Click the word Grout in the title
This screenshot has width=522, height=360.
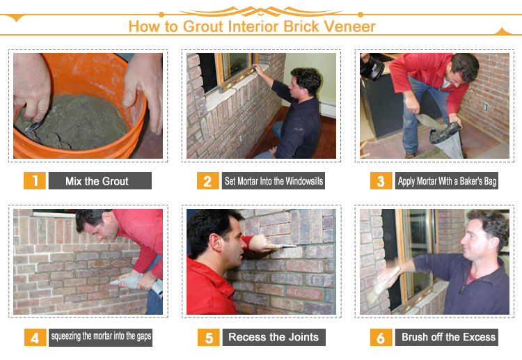[x=203, y=26]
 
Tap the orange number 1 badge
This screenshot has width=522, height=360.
[x=35, y=180]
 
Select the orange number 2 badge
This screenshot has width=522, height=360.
[x=207, y=180]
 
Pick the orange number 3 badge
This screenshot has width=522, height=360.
[x=381, y=180]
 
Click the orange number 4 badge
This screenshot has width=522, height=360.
[x=35, y=337]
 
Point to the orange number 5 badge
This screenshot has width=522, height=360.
[x=209, y=337]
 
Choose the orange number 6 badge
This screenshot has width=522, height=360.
[x=381, y=337]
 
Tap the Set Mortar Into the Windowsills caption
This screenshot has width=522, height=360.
[x=274, y=180]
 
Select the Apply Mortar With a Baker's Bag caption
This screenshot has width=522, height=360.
[x=447, y=180]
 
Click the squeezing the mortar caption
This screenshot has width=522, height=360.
[x=100, y=337]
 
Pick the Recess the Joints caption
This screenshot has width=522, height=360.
[x=274, y=337]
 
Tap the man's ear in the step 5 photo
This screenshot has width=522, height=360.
[x=216, y=242]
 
